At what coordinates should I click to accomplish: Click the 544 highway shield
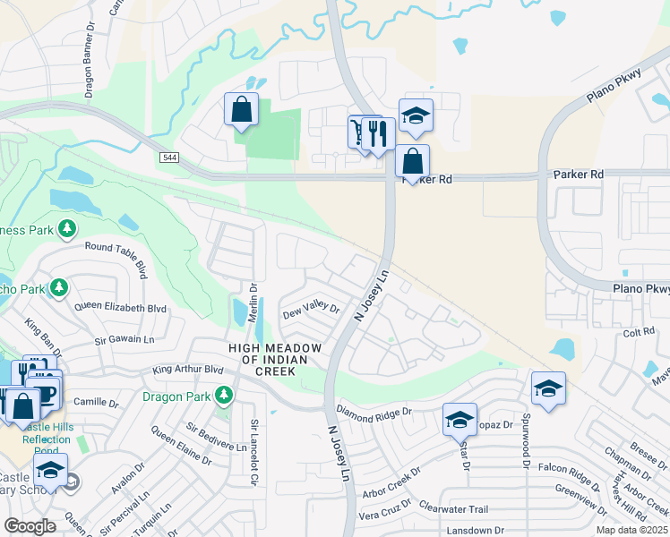168,158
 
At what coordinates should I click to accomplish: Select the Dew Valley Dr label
312,311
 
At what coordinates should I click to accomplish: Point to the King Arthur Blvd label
187,369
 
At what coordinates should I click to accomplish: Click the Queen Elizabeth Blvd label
121,308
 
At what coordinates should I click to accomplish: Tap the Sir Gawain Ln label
125,341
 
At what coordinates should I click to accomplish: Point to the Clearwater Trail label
452,509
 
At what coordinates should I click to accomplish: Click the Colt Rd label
640,332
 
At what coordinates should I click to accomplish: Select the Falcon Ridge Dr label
574,468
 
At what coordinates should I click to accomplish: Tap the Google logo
30,526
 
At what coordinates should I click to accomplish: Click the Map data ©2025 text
632,530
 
